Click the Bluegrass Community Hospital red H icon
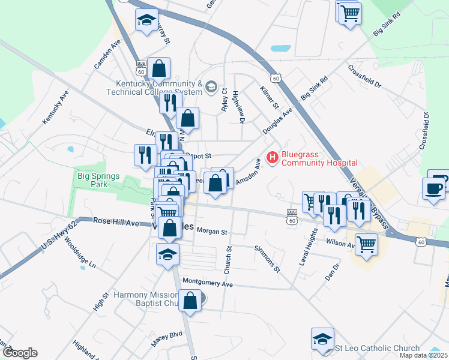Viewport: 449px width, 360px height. click(273, 158)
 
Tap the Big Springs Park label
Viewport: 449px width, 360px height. click(98, 180)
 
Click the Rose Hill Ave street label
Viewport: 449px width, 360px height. click(116, 222)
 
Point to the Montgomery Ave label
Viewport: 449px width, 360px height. click(207, 282)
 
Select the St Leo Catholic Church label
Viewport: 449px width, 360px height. click(377, 348)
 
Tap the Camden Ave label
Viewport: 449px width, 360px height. click(107, 54)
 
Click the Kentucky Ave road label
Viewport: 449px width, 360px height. click(56, 107)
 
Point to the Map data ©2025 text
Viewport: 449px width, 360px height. click(423, 355)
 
